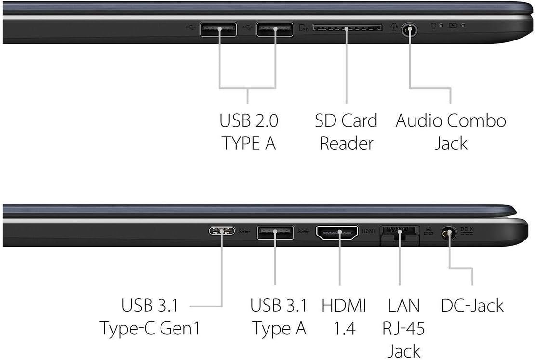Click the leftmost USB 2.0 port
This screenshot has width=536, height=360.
coord(218,29)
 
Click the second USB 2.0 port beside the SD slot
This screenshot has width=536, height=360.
coord(275,29)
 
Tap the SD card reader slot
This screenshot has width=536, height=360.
coord(348,27)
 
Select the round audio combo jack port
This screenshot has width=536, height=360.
coord(410,30)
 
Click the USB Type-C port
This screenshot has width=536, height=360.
coord(222,231)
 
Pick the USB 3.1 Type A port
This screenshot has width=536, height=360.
coord(275,232)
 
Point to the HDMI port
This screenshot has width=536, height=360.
coord(337,232)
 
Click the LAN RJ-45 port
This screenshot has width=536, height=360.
coord(400,235)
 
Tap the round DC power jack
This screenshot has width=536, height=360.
coord(449,234)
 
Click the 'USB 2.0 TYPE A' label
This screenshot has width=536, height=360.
coord(249,132)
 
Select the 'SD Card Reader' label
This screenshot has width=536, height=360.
coord(346,132)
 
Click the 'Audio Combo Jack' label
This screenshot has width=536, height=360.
coord(451,132)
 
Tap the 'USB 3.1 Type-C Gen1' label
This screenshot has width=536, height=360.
coord(150,317)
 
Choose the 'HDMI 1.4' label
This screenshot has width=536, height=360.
coord(344,317)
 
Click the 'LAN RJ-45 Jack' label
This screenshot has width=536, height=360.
coord(404,328)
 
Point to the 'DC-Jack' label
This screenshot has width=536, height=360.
coord(472,306)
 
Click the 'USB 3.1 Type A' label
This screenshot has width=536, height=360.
coord(279,317)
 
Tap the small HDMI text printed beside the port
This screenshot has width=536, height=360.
coord(368,231)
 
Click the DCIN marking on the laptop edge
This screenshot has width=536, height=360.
coord(467,231)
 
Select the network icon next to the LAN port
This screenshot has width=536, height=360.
coord(429,231)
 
